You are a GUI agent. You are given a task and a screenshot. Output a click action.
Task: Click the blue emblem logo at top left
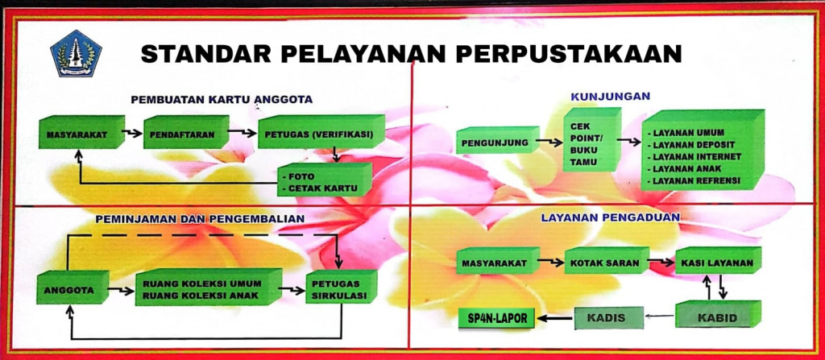tap(76, 53)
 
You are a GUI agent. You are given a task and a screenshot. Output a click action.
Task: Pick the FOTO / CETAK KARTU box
tap(322, 183)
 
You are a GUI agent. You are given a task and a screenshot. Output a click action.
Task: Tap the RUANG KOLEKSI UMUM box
tap(206, 285)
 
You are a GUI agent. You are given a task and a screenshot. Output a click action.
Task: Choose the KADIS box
tap(609, 318)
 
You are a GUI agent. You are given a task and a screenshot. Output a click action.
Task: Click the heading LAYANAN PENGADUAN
tap(611, 217)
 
